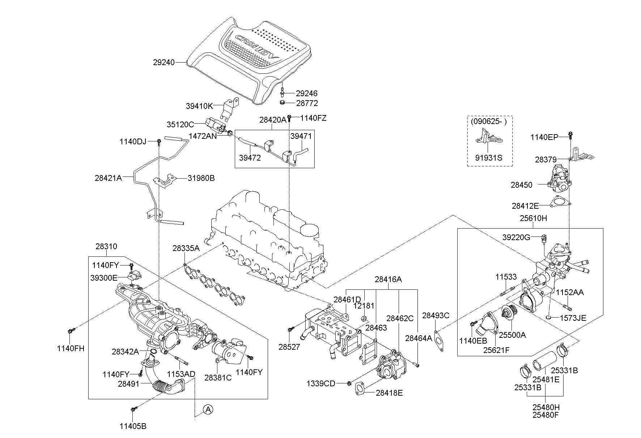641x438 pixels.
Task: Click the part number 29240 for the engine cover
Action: point(164,63)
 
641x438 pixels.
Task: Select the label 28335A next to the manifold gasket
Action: point(186,248)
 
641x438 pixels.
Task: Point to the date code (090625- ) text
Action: point(489,122)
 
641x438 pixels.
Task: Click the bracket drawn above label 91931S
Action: point(488,138)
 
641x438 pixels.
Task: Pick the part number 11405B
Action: point(133,426)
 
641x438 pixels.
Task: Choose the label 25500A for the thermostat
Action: point(512,335)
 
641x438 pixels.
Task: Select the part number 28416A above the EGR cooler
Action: point(388,279)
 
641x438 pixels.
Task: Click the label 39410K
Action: point(200,106)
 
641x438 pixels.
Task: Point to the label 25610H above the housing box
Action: point(534,218)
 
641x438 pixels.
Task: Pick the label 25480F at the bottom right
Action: point(546,415)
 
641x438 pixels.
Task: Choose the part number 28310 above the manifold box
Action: point(106,246)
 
